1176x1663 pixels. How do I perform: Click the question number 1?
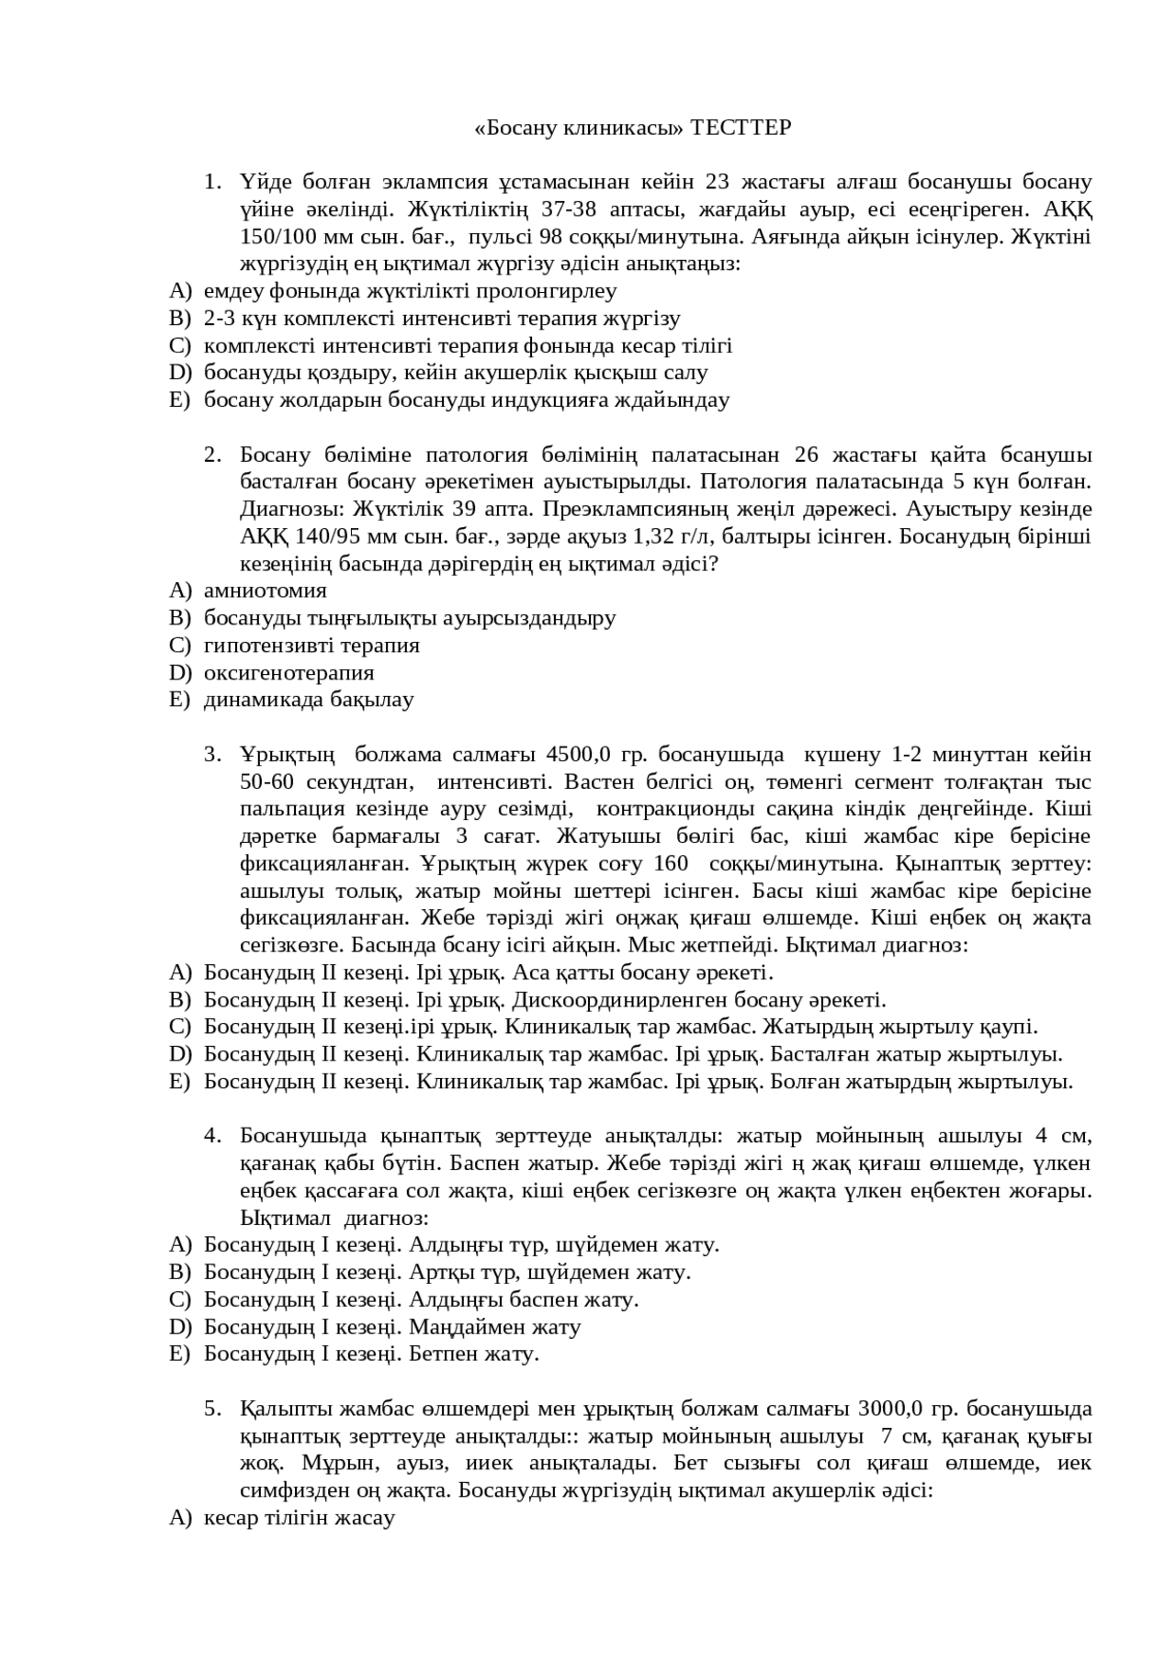(211, 182)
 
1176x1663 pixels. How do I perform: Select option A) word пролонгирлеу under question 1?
(547, 291)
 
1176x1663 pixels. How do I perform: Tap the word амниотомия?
(265, 590)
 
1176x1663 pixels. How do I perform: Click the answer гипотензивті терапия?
(311, 646)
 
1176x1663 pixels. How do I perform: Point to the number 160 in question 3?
(670, 864)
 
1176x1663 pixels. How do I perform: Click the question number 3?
(211, 755)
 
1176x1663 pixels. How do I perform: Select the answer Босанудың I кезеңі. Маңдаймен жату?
(392, 1327)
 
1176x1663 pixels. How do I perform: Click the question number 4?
(211, 1136)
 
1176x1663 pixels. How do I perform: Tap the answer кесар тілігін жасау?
(299, 1518)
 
